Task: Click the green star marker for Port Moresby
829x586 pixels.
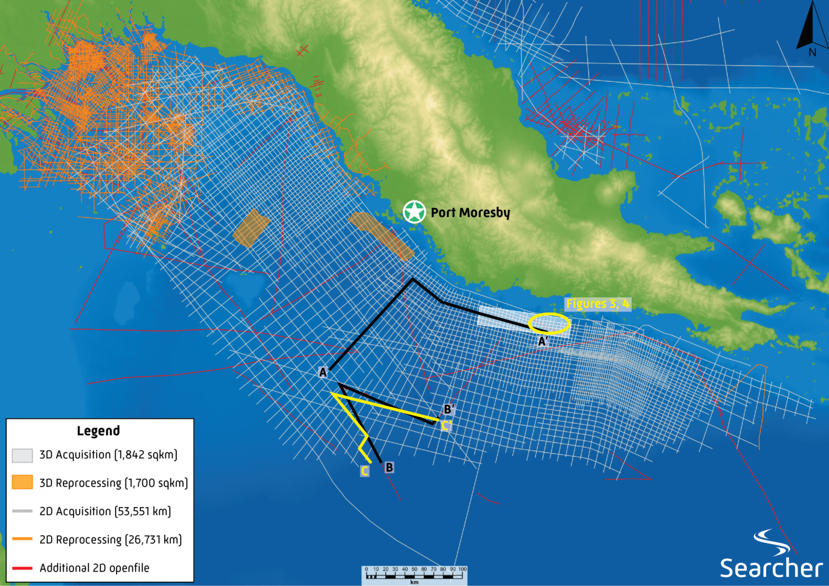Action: [x=414, y=212]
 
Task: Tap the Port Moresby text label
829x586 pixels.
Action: [x=470, y=213]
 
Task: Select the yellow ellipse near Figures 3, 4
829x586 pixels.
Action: [x=549, y=324]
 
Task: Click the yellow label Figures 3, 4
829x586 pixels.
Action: [x=597, y=304]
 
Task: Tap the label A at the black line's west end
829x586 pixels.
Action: [x=323, y=372]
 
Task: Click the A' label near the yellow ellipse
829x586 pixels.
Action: [x=543, y=342]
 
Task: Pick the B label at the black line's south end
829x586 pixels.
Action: [x=389, y=467]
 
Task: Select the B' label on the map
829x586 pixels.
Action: [x=449, y=409]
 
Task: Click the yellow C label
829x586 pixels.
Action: [x=365, y=471]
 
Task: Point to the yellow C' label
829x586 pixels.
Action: [x=447, y=426]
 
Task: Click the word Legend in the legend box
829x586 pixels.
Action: [x=98, y=431]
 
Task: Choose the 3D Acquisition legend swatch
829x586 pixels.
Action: [x=22, y=455]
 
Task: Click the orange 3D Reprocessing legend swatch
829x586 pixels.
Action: [x=22, y=482]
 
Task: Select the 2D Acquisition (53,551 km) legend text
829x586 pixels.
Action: [x=105, y=511]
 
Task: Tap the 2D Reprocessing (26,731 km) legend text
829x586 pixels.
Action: [x=111, y=540]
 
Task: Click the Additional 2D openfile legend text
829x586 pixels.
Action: [x=95, y=568]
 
